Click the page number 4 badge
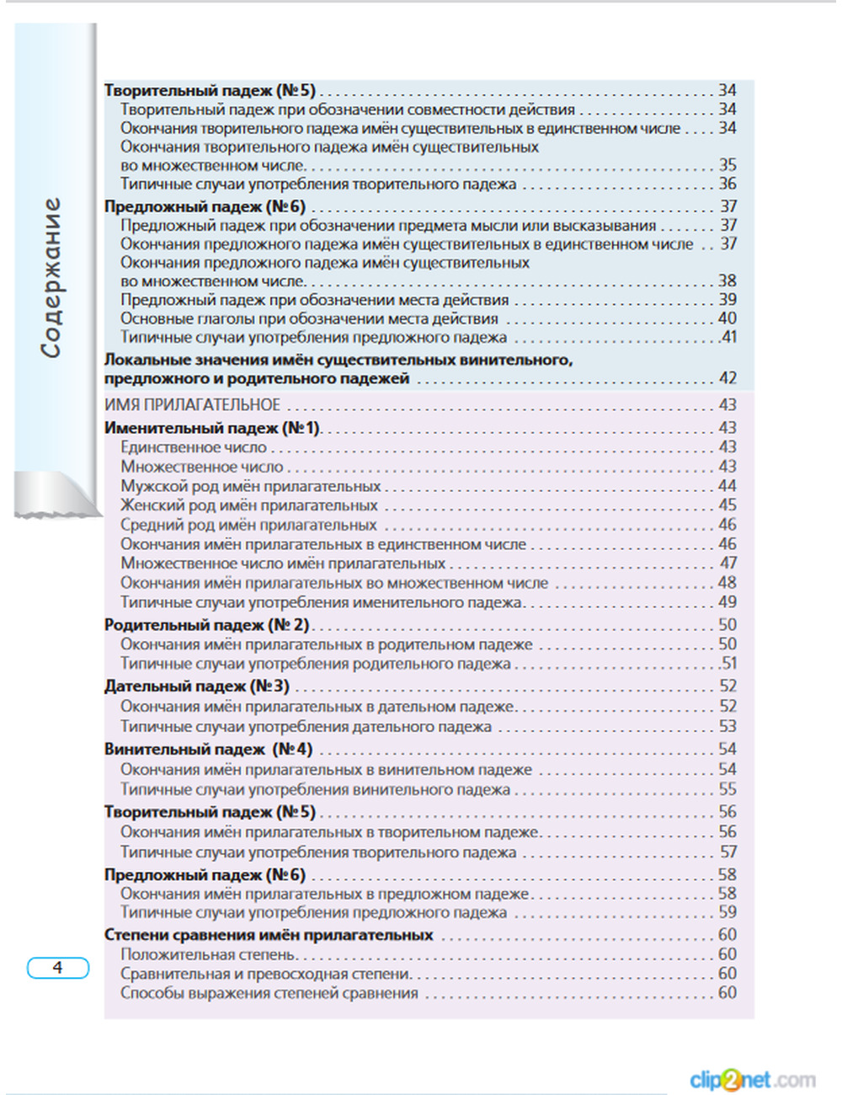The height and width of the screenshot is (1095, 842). (x=57, y=968)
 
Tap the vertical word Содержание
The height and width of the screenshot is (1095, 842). (x=52, y=277)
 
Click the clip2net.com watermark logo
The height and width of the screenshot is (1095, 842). (x=752, y=1079)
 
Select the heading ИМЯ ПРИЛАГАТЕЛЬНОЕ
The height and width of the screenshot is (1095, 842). (x=192, y=405)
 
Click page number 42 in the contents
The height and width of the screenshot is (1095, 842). (x=727, y=379)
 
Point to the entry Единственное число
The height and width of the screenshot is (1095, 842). (x=193, y=447)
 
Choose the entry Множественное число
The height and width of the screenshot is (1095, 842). (x=202, y=467)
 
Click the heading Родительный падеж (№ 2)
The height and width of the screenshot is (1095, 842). (x=207, y=625)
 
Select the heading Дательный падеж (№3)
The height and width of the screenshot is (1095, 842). (x=197, y=686)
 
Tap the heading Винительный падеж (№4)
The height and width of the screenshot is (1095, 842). (x=208, y=749)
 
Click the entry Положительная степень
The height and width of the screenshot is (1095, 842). (x=208, y=954)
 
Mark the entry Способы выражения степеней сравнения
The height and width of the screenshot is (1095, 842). (x=269, y=993)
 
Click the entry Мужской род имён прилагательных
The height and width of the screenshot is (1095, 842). (x=250, y=486)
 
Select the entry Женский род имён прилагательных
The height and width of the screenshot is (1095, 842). (x=248, y=505)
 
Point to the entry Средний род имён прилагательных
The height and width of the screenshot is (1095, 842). (x=248, y=525)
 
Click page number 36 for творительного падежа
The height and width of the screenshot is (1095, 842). (x=727, y=184)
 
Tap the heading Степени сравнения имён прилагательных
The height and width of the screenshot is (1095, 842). (x=269, y=935)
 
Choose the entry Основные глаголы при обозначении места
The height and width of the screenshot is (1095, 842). (x=309, y=318)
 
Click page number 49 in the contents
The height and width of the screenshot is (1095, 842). (x=727, y=602)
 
